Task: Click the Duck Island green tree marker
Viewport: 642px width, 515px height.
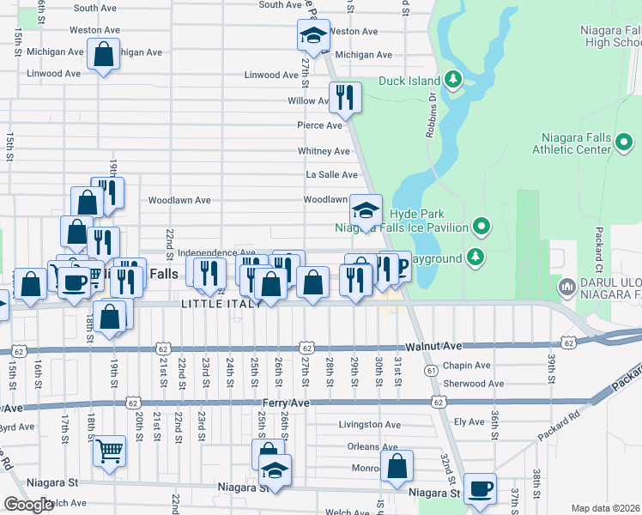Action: tap(453, 82)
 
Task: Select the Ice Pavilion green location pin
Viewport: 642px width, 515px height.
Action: tap(481, 227)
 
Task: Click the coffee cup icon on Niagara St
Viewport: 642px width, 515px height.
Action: tap(481, 488)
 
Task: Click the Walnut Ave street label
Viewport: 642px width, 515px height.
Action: tap(434, 346)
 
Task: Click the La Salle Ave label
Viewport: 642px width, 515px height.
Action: tap(332, 174)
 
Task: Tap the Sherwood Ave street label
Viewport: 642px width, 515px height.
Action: tap(473, 384)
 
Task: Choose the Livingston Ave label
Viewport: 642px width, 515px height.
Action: tap(369, 424)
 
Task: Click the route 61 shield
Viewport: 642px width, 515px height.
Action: tap(430, 369)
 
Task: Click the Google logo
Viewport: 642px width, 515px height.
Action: tap(28, 505)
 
